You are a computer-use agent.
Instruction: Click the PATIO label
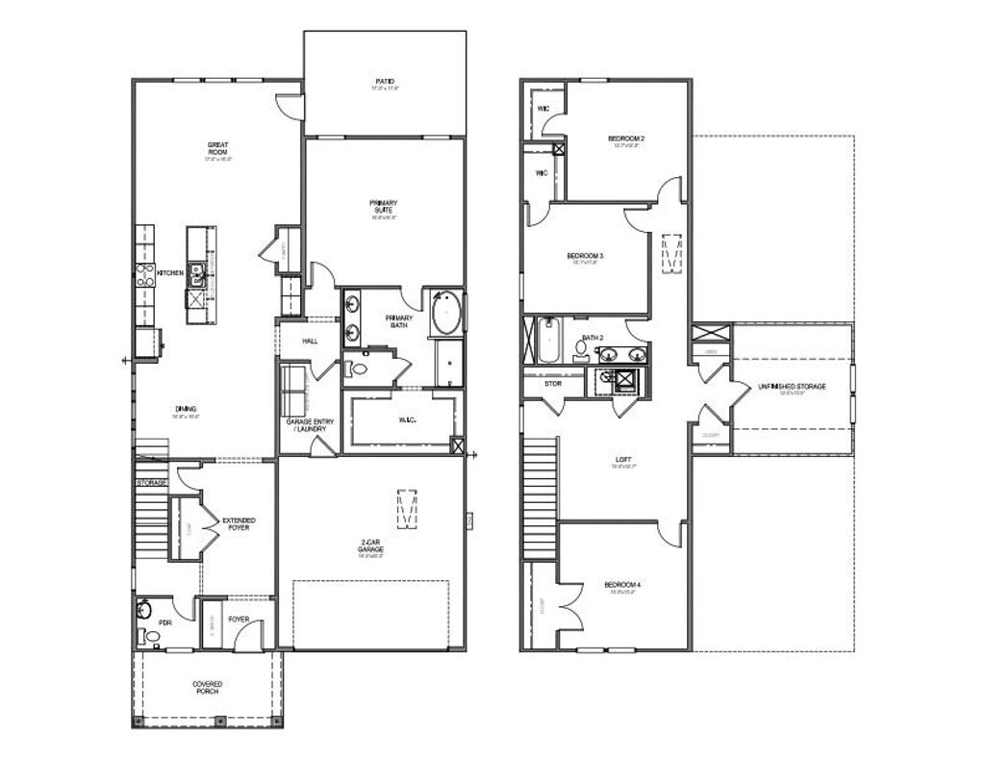pos(385,82)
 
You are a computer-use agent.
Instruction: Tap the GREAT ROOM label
pos(217,149)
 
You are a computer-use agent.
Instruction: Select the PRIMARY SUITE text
pos(383,207)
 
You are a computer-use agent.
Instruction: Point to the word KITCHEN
pos(170,273)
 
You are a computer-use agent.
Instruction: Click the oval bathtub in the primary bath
pos(445,314)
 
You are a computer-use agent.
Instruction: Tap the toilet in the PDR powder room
pos(149,635)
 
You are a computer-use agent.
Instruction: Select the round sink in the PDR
pos(145,609)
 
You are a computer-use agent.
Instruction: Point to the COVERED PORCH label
pos(207,687)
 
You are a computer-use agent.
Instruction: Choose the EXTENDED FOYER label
pos(239,524)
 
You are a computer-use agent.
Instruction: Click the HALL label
pos(310,341)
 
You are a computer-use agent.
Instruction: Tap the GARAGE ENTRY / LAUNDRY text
pos(308,426)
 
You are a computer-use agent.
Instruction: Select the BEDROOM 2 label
pos(626,140)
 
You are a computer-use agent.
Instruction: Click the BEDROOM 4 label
pos(622,585)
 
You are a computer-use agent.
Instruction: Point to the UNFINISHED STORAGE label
pos(792,387)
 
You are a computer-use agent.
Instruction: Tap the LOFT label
pos(623,460)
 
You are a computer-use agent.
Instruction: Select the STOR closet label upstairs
pos(552,383)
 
